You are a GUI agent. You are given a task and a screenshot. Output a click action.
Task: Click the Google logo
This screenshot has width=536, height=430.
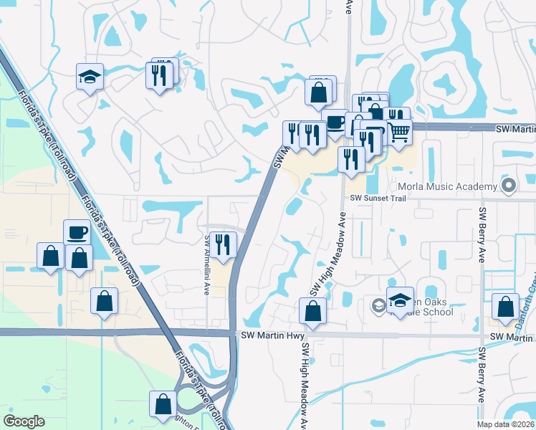tap(24, 421)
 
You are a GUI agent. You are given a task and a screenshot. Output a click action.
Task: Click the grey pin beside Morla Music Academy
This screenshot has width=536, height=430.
tap(509, 186)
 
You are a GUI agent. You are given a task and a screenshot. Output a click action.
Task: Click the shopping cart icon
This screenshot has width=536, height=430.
tap(400, 131)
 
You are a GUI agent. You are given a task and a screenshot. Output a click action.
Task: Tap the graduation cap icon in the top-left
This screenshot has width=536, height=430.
tap(90, 77)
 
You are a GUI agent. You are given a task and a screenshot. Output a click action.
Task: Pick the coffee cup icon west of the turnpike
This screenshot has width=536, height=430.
tap(77, 232)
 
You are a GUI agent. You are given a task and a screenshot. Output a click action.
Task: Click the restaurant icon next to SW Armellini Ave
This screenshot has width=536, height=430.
tap(225, 244)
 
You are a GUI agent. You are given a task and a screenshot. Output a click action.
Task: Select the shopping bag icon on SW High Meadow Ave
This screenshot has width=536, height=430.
tap(312, 312)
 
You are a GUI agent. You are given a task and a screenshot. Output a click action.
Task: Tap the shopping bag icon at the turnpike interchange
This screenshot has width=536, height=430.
tap(163, 403)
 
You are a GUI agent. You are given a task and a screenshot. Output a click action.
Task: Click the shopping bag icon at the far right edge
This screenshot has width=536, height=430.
tap(506, 307)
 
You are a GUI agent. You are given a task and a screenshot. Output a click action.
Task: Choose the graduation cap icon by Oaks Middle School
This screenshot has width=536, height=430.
tap(400, 300)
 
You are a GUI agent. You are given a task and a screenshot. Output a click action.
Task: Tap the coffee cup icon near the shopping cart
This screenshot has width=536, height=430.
tap(335, 123)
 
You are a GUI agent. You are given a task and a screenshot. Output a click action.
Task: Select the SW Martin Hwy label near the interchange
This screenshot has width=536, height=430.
tap(273, 335)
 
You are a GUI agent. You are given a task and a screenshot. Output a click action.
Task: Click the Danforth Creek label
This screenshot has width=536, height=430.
tap(530, 287)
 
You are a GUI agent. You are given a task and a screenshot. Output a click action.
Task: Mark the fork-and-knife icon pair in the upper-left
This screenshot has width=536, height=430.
tap(161, 74)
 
